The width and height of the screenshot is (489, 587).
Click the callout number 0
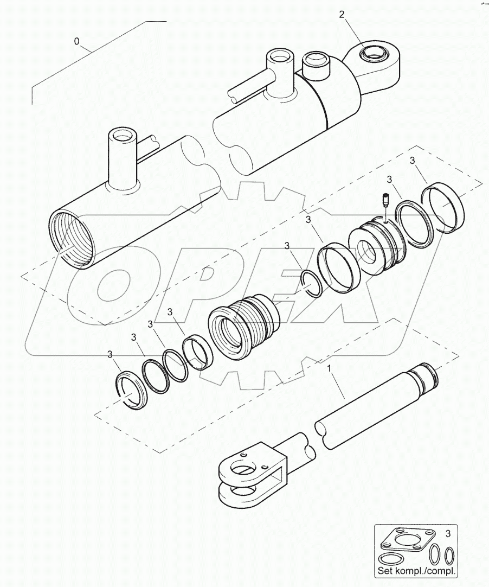tap(76, 41)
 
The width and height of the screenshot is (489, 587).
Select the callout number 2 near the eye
tap(342, 15)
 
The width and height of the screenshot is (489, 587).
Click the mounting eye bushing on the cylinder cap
tap(374, 55)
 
